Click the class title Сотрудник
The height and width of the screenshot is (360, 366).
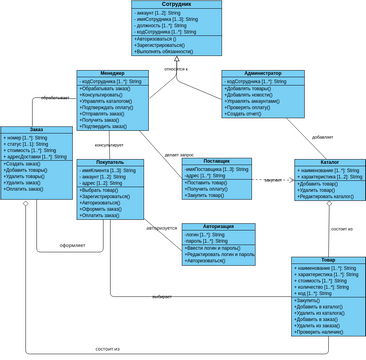(x=176, y=5)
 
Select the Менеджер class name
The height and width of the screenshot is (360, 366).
(x=112, y=73)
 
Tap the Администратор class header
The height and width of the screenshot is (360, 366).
(x=262, y=73)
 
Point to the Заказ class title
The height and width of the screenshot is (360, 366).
(x=37, y=129)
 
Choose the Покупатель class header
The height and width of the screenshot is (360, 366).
(x=110, y=162)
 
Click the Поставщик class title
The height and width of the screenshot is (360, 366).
(x=216, y=161)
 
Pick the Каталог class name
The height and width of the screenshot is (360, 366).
(x=329, y=162)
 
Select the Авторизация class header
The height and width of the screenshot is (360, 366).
(x=218, y=227)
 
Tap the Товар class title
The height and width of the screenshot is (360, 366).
(x=328, y=261)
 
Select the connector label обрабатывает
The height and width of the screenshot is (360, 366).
(x=54, y=98)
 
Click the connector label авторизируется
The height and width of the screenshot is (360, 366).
(x=161, y=228)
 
